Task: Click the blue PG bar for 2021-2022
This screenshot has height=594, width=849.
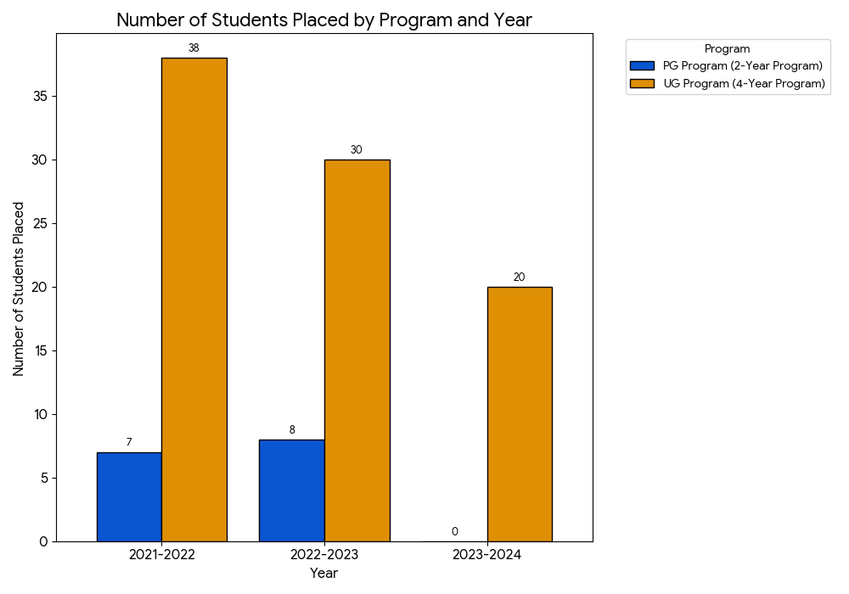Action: click(x=129, y=496)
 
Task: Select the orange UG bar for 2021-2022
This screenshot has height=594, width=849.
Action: click(x=194, y=300)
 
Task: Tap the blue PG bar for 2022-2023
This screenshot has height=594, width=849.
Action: click(x=291, y=490)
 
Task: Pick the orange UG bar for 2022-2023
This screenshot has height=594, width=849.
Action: click(x=357, y=350)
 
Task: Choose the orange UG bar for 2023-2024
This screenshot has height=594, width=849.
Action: click(x=519, y=414)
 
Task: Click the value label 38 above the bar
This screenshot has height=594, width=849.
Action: click(x=194, y=48)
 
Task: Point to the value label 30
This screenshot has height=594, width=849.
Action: click(x=357, y=150)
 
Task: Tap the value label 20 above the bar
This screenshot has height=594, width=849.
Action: click(x=519, y=277)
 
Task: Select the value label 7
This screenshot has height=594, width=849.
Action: click(x=129, y=442)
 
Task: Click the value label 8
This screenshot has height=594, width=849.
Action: click(x=291, y=430)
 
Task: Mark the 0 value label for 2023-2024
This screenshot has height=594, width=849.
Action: click(x=454, y=532)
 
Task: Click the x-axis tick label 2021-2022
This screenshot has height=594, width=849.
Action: click(x=161, y=555)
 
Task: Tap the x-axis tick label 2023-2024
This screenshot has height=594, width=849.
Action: click(x=486, y=555)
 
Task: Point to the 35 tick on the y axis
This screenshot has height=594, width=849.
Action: click(x=41, y=96)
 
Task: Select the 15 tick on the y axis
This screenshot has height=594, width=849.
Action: click(x=41, y=350)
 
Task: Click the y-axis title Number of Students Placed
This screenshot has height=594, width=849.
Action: click(x=19, y=289)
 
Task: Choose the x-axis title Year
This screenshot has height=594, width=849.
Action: click(x=323, y=574)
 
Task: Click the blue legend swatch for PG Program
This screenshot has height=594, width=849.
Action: click(x=642, y=66)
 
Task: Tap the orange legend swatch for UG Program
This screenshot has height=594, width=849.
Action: click(x=642, y=83)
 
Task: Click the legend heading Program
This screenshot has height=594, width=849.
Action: click(x=727, y=49)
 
